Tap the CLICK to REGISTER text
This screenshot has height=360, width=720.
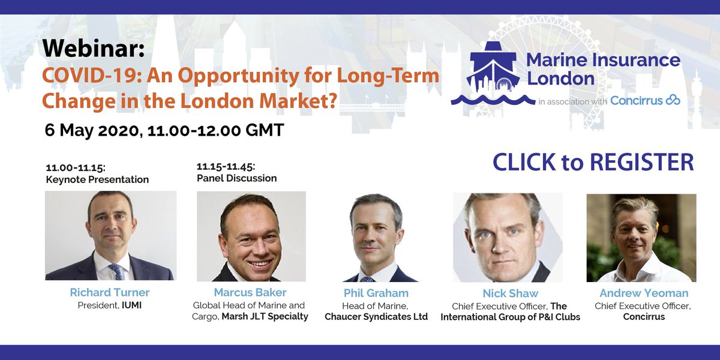pyautogui.click(x=593, y=162)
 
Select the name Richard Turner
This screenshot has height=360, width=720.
pyautogui.click(x=110, y=293)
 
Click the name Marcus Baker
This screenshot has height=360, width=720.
pyautogui.click(x=250, y=293)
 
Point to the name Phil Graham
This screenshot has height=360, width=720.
pyautogui.click(x=376, y=293)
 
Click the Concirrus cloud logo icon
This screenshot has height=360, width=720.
pyautogui.click(x=673, y=100)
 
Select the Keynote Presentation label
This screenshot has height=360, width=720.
pyautogui.click(x=97, y=179)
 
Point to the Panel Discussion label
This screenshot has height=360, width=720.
pyautogui.click(x=236, y=178)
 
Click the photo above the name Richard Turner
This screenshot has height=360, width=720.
pyautogui.click(x=110, y=235)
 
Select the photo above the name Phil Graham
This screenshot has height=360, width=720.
pyautogui.click(x=376, y=237)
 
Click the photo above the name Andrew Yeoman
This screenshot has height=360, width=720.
pyautogui.click(x=641, y=238)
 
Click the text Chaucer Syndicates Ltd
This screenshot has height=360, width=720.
pyautogui.click(x=376, y=317)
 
